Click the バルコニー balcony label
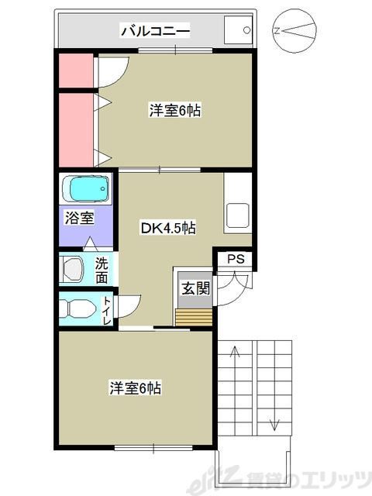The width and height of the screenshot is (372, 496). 155,32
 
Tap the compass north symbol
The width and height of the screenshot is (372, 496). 294,32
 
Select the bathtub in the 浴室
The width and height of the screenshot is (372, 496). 86,188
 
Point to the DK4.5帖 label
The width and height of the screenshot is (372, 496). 167,228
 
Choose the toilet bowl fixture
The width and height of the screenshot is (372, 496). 78,308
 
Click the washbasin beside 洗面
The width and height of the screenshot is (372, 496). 75,269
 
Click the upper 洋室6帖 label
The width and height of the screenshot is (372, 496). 175,111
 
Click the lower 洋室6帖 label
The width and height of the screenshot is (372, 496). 136,387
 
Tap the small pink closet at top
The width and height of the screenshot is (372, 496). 76,71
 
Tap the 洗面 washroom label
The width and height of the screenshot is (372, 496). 102,269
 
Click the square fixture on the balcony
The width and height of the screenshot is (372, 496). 239,31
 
